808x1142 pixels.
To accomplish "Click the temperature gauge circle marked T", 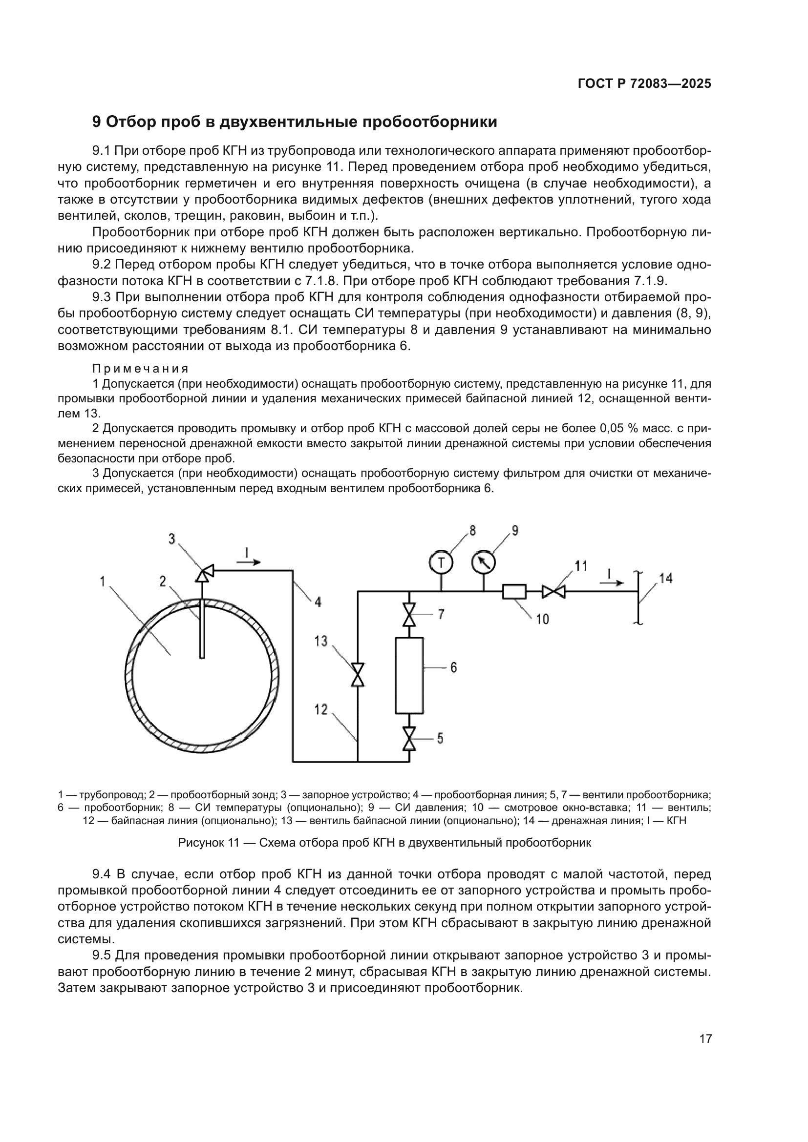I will [x=440, y=562].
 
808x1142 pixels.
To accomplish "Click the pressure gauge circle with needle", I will [x=484, y=562].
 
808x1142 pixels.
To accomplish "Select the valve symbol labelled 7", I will [x=409, y=615].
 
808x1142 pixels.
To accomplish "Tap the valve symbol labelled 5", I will [x=409, y=739].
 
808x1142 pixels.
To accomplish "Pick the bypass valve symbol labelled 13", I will [x=357, y=675].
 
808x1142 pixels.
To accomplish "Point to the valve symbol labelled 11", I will [x=554, y=591].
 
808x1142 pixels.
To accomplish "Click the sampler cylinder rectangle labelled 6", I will [x=409, y=675].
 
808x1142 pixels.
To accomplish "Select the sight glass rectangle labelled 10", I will [x=514, y=591].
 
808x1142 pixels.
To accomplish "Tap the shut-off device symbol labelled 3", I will [x=205, y=572].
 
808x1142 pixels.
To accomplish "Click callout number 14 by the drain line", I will [x=666, y=578].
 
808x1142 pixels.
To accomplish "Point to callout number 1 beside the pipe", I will [x=102, y=581].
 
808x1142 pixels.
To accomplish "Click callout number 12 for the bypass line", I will [x=321, y=709].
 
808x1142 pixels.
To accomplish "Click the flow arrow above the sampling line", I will [x=249, y=562].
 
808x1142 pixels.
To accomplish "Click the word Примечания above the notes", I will [x=140, y=369].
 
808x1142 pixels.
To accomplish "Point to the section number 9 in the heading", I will [x=97, y=122].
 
